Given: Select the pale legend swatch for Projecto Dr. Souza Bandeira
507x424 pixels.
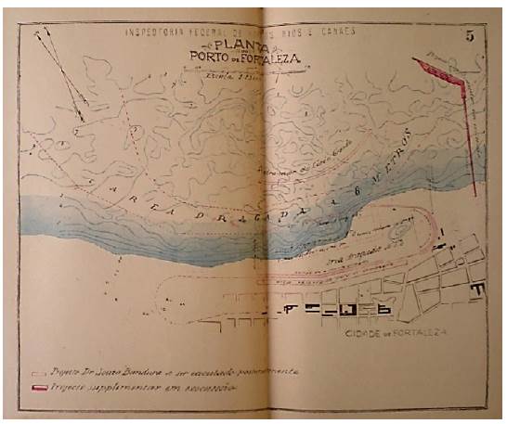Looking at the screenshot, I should tap(38, 370).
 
